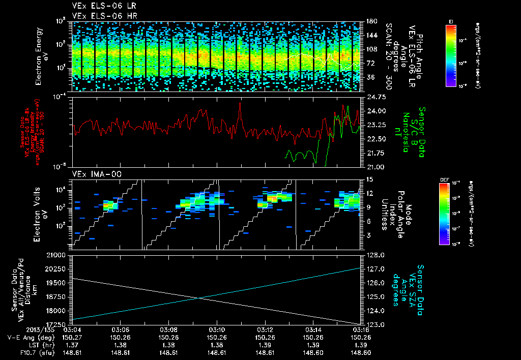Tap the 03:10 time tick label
tap(217, 329)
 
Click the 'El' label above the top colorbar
tap(451, 21)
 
